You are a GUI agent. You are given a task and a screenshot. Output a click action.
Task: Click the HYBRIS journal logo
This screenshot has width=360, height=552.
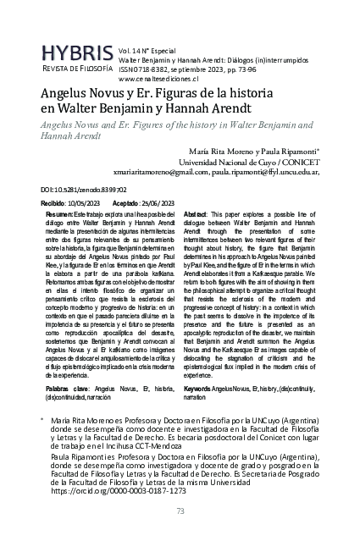77,52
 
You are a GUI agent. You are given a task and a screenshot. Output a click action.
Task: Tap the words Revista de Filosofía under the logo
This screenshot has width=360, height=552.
77,68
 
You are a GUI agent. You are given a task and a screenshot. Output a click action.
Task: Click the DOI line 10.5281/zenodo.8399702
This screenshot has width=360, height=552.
84,191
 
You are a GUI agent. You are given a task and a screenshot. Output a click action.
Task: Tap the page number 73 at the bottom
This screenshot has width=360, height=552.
180,511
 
